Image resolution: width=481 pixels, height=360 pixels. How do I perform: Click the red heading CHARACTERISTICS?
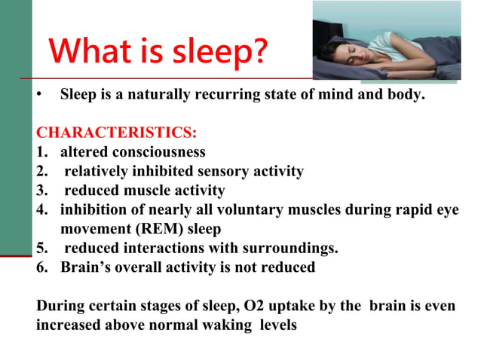coord(117,133)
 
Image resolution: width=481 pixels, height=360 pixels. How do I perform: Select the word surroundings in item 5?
coord(295,247)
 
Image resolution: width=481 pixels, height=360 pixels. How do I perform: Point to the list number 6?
coord(41,267)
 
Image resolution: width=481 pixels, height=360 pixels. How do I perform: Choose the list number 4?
coord(41,209)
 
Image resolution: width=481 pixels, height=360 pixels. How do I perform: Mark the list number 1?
coord(41,153)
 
